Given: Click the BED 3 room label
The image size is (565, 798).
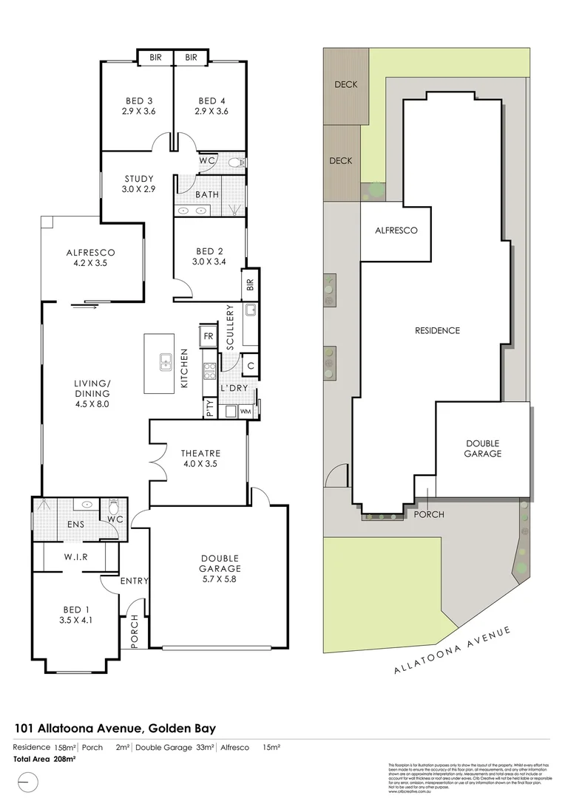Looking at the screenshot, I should coord(139,100).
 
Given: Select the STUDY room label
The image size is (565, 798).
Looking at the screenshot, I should coord(139,179).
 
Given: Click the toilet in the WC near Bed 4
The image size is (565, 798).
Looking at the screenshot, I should coord(236,162).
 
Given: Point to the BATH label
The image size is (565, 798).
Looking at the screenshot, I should coord(206,195).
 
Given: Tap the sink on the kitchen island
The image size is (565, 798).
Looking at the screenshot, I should coord(166,362).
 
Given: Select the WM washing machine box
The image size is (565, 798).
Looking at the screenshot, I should coord(245,411).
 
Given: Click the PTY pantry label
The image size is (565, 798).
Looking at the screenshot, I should coord(211,409).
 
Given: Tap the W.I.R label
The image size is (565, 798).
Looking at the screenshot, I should coord(76,557).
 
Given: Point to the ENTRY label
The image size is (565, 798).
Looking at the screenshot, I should coord(135,581).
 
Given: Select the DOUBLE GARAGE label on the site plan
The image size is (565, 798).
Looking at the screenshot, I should coord(483,449).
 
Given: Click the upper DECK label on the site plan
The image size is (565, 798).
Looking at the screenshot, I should coord(345,84).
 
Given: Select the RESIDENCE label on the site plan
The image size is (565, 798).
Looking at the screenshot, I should coord(436,330).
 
